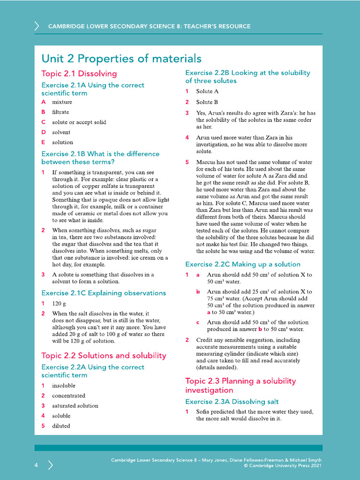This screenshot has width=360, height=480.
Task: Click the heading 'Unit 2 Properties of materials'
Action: tap(121, 59)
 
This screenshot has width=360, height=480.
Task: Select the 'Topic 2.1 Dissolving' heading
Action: tap(79, 74)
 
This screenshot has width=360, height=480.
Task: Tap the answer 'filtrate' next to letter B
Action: tap(60, 112)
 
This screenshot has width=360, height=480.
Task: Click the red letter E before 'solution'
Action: tap(43, 142)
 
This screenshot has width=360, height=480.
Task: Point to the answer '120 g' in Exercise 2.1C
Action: tap(59, 303)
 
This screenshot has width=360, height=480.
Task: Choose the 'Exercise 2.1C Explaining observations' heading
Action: tap(104, 293)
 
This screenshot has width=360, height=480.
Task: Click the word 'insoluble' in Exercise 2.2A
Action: tap(63, 386)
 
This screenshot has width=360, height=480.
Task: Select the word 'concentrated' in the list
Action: tap(68, 396)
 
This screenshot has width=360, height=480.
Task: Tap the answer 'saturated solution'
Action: tap(75, 405)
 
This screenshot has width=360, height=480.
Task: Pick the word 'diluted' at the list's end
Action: tap(61, 426)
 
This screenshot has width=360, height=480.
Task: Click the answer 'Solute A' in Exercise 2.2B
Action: tap(207, 91)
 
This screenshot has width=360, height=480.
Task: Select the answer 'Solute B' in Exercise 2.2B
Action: tap(207, 102)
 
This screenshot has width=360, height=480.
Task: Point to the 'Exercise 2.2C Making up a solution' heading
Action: tap(242, 264)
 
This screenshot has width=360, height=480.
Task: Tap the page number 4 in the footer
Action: tap(36, 465)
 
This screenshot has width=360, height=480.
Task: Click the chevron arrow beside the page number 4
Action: tap(50, 465)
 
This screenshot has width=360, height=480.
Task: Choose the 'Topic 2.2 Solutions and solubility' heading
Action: tap(104, 355)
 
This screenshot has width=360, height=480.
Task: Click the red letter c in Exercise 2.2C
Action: tap(198, 322)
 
